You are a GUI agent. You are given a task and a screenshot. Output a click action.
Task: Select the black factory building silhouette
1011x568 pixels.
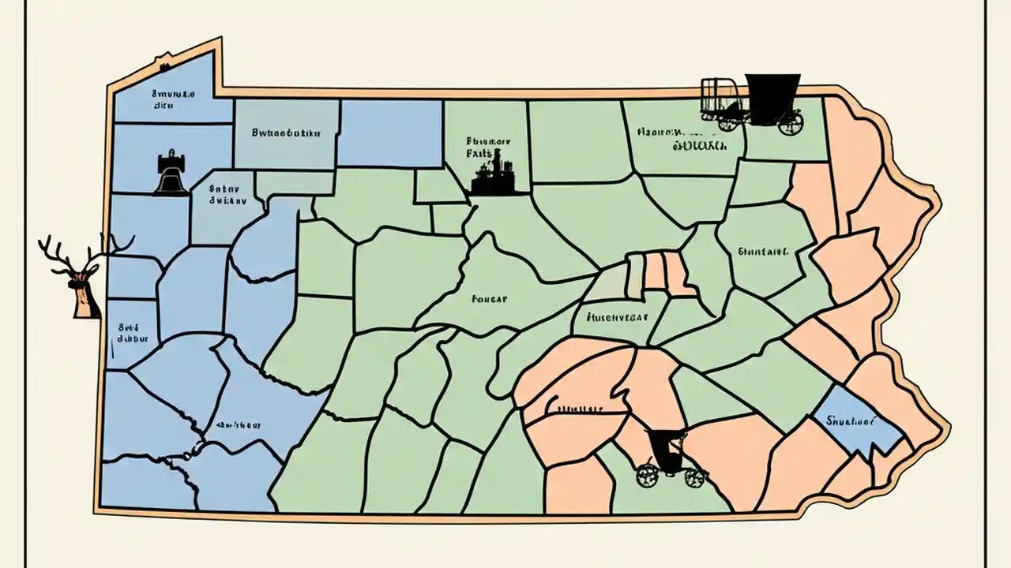(x=491, y=177)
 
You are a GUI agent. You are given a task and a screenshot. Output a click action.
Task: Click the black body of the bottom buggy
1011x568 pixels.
(x=668, y=450)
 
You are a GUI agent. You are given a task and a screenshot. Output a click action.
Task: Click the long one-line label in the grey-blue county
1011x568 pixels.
(x=285, y=133)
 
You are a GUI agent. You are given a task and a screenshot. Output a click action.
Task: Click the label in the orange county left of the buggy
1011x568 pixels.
(x=574, y=409)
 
